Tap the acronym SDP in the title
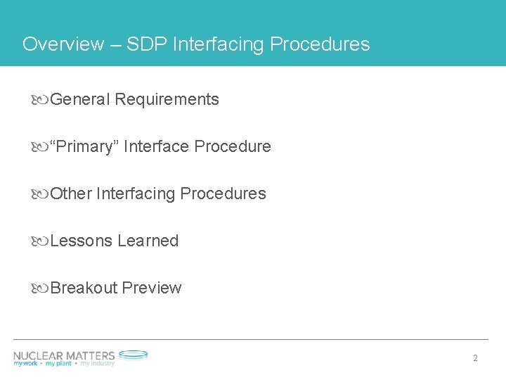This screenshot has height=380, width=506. [x=144, y=44]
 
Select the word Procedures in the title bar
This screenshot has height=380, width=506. [x=320, y=44]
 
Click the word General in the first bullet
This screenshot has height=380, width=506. [x=80, y=100]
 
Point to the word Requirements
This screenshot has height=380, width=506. [x=167, y=100]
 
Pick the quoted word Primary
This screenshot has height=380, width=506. [x=87, y=147]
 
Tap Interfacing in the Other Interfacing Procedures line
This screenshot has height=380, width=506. [x=136, y=194]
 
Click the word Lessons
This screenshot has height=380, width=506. [x=82, y=241]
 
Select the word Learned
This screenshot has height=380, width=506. [x=148, y=241]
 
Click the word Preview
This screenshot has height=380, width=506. [x=151, y=289]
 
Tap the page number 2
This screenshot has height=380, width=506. [x=476, y=358]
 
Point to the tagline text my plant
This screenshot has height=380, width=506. [x=61, y=364]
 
